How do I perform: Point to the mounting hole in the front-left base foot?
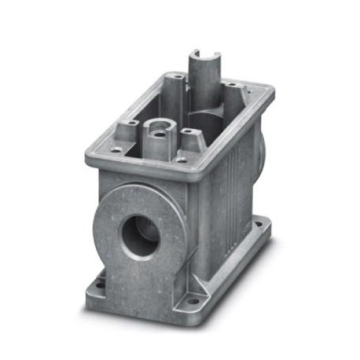[x=100, y=277]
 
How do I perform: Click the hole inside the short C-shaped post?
[x=159, y=126]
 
